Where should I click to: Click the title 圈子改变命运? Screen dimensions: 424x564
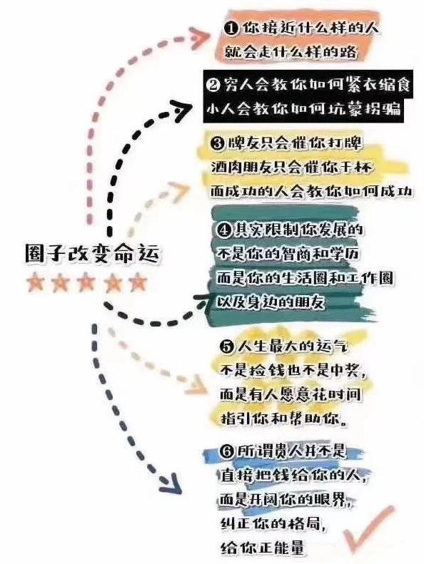[x=92, y=255]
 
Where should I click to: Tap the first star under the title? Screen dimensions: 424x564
[x=36, y=283]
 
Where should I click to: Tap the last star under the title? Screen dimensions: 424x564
[x=138, y=283]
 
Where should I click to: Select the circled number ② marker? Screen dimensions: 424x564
[x=213, y=86]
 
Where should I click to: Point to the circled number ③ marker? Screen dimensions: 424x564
[x=218, y=143]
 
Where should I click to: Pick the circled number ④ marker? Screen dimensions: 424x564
[x=224, y=230]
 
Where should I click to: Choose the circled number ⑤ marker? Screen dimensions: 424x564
[x=227, y=347]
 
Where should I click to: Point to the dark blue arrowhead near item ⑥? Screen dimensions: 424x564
[x=171, y=484]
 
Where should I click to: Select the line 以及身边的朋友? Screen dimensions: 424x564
[x=271, y=302]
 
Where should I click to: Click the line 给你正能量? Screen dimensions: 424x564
[x=263, y=548]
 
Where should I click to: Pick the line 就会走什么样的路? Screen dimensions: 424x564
[x=291, y=52]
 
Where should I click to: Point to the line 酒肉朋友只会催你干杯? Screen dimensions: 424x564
[x=291, y=168]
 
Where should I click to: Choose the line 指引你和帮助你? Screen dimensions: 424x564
[x=284, y=419]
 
